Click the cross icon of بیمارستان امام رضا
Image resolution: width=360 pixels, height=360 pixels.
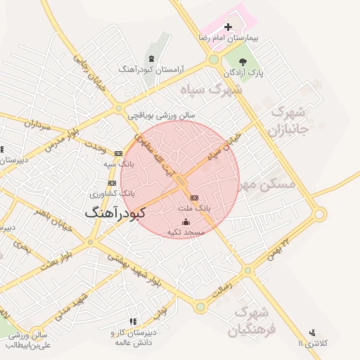click(227, 27)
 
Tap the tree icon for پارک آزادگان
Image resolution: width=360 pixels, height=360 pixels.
click(244, 62)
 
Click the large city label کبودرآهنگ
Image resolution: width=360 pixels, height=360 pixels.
click(115, 212)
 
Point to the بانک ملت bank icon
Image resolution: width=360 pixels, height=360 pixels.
click(195, 198)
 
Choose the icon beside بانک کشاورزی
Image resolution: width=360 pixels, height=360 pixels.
click(113, 183)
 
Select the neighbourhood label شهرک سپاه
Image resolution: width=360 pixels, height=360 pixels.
click(220, 90)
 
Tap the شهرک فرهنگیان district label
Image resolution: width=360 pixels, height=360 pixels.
click(257, 320)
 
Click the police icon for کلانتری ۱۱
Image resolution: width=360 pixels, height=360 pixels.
click(312, 332)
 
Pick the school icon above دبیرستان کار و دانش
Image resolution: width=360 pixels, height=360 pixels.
click(133, 322)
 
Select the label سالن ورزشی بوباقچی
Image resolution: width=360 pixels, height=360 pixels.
click(160, 115)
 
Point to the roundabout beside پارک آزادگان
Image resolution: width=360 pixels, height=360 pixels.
click(213, 61)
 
